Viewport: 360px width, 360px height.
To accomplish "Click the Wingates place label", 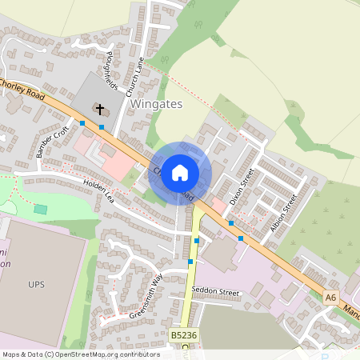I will tap(156, 104).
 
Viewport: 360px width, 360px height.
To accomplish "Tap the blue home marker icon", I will tap(180, 173).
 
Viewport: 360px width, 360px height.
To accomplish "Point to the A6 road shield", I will tap(331, 298).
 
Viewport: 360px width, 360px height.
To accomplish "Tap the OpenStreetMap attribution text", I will tap(80, 354).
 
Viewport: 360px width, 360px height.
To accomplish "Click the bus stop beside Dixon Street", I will tap(230, 223).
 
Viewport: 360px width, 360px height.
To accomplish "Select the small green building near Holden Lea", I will tap(40, 209).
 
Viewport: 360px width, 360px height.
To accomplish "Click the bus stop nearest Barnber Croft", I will tap(82, 123).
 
